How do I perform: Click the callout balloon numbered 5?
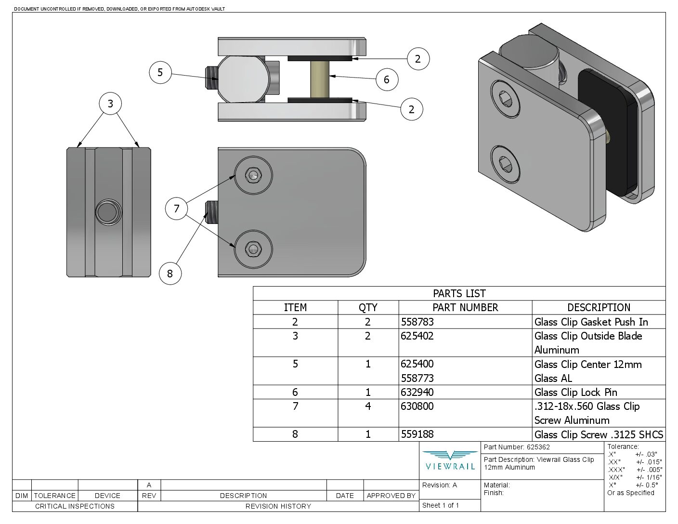pos(160,73)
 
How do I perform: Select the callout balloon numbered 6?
pos(387,79)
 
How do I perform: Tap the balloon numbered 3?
pos(111,104)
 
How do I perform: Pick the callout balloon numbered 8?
pos(170,274)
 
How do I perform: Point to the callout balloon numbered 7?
pos(177,209)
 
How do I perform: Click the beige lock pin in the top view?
pos(320,79)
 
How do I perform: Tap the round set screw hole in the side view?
pos(108,212)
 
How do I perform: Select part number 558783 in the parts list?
pos(417,322)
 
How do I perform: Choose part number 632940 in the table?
pos(417,392)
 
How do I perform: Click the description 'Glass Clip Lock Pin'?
pos(575,392)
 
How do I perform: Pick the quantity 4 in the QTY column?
pos(368,406)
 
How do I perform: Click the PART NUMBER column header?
pos(465,307)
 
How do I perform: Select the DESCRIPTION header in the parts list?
pos(599,307)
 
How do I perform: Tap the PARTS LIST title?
pos(459,293)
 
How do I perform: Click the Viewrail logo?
pos(450,460)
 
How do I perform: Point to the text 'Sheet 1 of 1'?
pos(441,505)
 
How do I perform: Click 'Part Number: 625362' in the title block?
pos(517,447)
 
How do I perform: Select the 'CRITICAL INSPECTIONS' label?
pos(75,506)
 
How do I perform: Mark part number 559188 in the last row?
pos(417,434)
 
